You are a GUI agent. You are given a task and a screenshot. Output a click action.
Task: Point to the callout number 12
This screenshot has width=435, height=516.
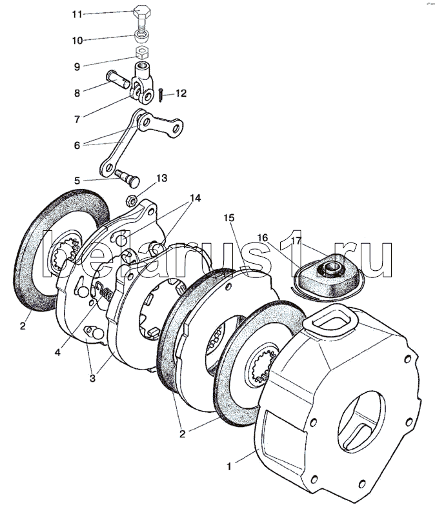(x=180, y=94)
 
